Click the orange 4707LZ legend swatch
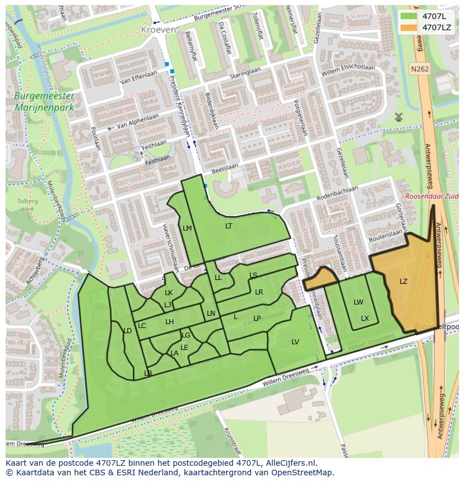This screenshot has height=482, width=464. pyautogui.click(x=409, y=27)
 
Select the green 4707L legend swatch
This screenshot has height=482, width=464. pyautogui.click(x=409, y=16)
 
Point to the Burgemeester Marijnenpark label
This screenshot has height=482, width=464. pyautogui.click(x=44, y=101)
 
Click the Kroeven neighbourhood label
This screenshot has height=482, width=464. pyautogui.click(x=159, y=29)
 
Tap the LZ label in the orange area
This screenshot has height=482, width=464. pyautogui.click(x=403, y=282)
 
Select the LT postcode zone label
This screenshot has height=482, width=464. pyautogui.click(x=229, y=226)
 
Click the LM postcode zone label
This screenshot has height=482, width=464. pyautogui.click(x=187, y=228)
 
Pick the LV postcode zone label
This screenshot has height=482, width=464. pyautogui.click(x=295, y=342)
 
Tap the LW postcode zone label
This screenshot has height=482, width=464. pyautogui.click(x=358, y=302)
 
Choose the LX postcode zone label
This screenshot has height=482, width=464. pyautogui.click(x=365, y=319)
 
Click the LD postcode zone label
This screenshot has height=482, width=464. pyautogui.click(x=127, y=331)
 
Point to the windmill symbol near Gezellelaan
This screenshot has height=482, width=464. pyautogui.click(x=399, y=117)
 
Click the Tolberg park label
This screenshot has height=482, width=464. pyautogui.click(x=26, y=205)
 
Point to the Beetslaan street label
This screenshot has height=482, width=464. pyautogui.click(x=226, y=166)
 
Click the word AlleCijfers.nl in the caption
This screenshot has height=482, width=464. pyautogui.click(x=290, y=463)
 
